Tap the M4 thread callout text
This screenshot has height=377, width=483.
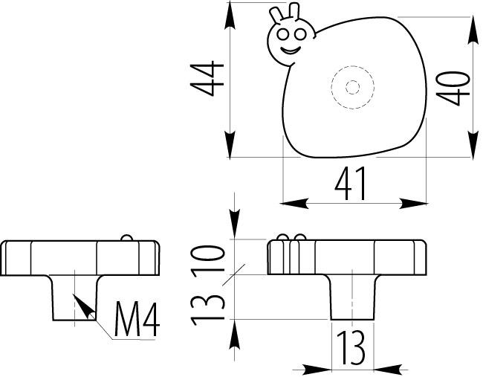138,321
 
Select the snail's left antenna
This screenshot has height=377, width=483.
277,15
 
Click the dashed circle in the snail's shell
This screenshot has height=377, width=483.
352,87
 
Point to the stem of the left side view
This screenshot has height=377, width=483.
75,297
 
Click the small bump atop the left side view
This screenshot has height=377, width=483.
126,238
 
